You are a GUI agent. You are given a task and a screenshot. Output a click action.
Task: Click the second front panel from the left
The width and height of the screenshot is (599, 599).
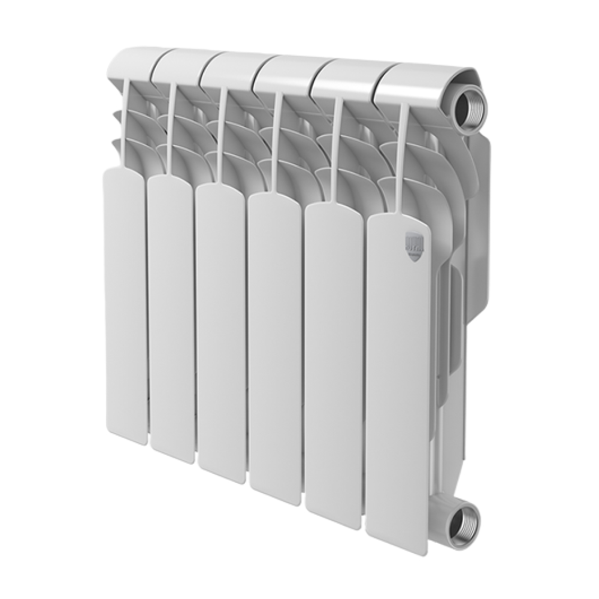click(171, 317)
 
